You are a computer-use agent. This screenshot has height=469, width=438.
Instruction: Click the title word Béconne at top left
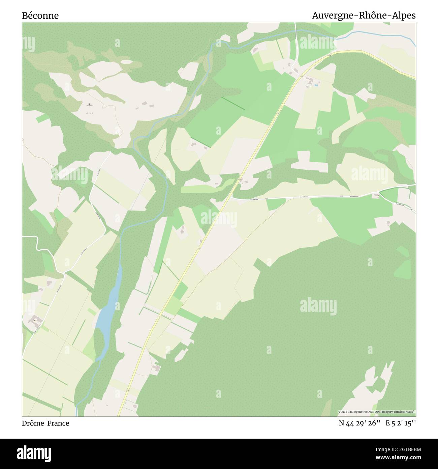pyautogui.click(x=40, y=16)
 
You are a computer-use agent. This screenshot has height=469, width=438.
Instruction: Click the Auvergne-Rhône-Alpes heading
pyautogui.click(x=364, y=16)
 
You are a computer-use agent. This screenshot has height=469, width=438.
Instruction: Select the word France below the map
pyautogui.click(x=58, y=423)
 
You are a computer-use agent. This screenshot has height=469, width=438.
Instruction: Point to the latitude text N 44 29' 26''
pyautogui.click(x=360, y=423)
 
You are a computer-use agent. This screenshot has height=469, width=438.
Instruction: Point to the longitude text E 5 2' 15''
pyautogui.click(x=401, y=423)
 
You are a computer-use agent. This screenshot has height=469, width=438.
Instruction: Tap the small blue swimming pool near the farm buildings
pyautogui.click(x=316, y=85)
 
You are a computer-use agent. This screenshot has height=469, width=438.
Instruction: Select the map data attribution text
pyautogui.click(x=377, y=412)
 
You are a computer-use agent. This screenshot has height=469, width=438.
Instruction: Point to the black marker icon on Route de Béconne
pyautogui.click(x=379, y=195)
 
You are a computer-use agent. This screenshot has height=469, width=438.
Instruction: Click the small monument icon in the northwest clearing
pyautogui.click(x=89, y=104)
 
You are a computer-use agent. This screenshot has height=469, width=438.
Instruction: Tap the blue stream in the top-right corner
pyautogui.click(x=377, y=33)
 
